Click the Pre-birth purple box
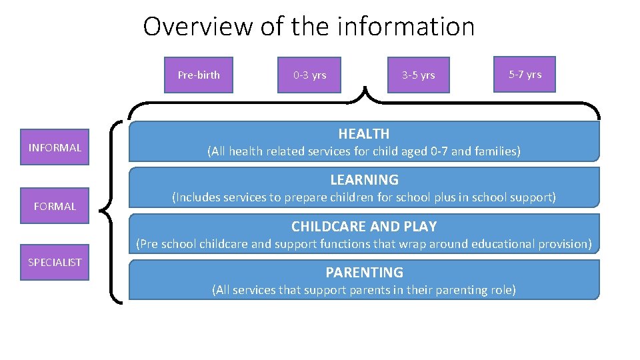click(199, 75)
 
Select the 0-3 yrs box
click(310, 75)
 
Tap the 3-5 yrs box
click(418, 75)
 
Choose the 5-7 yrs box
click(525, 74)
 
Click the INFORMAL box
click(55, 147)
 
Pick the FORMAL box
click(55, 206)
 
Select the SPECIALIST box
click(55, 262)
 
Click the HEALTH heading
click(363, 134)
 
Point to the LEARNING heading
click(364, 180)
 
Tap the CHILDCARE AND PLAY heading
click(364, 226)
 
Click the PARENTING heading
click(364, 272)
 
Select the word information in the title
click(406, 27)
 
